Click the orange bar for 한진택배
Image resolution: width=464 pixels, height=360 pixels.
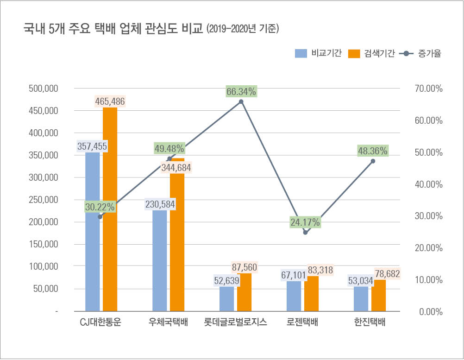click(378, 296)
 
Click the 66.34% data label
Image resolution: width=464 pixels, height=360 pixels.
click(241, 92)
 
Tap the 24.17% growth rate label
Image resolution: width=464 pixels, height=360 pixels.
click(305, 222)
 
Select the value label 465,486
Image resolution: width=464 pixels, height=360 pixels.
click(110, 101)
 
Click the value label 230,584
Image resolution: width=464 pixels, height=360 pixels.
click(159, 204)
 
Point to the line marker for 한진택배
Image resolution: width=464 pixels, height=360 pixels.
click(373, 161)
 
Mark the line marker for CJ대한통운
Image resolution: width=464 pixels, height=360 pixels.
click(100, 216)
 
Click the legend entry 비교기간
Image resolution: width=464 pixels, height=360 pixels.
click(318, 53)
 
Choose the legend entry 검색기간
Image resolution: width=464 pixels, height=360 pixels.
click(371, 53)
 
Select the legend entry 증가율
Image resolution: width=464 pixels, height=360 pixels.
click(420, 53)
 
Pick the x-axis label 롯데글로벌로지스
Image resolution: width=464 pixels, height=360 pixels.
click(236, 322)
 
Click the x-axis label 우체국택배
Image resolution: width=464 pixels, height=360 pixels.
click(169, 322)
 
